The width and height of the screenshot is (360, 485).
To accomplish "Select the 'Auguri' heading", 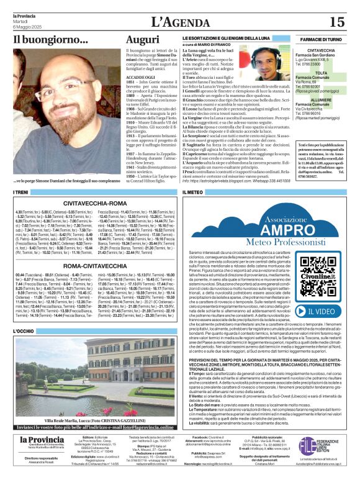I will click(142, 40).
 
